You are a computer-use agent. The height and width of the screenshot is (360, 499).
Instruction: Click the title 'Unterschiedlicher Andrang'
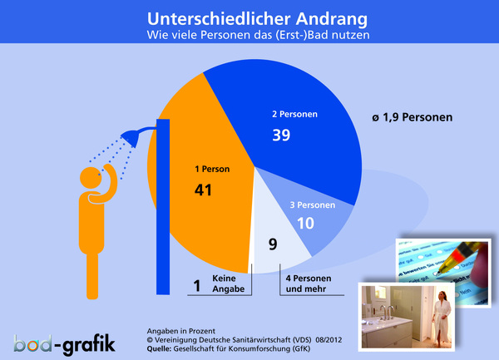[249, 17]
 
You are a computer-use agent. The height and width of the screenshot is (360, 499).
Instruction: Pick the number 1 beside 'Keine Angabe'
[196, 285]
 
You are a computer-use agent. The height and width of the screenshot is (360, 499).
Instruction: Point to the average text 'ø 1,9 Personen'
[413, 118]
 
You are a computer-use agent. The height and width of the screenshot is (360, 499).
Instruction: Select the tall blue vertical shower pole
[163, 208]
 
